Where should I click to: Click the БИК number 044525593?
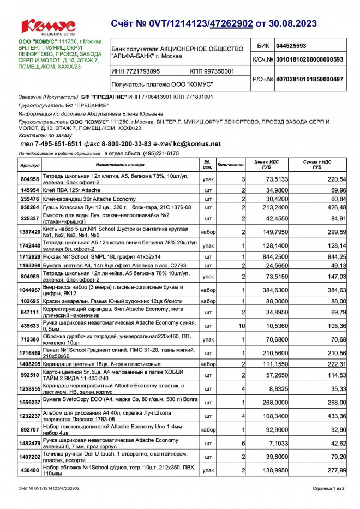click(x=291, y=46)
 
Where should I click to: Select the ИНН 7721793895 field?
click(x=136, y=71)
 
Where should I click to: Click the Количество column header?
click(x=230, y=164)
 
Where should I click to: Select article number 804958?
click(x=29, y=179)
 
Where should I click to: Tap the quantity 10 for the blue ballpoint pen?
click(x=242, y=326)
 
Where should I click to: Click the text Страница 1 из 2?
click(x=328, y=488)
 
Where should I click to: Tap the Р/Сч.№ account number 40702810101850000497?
click(x=309, y=80)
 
